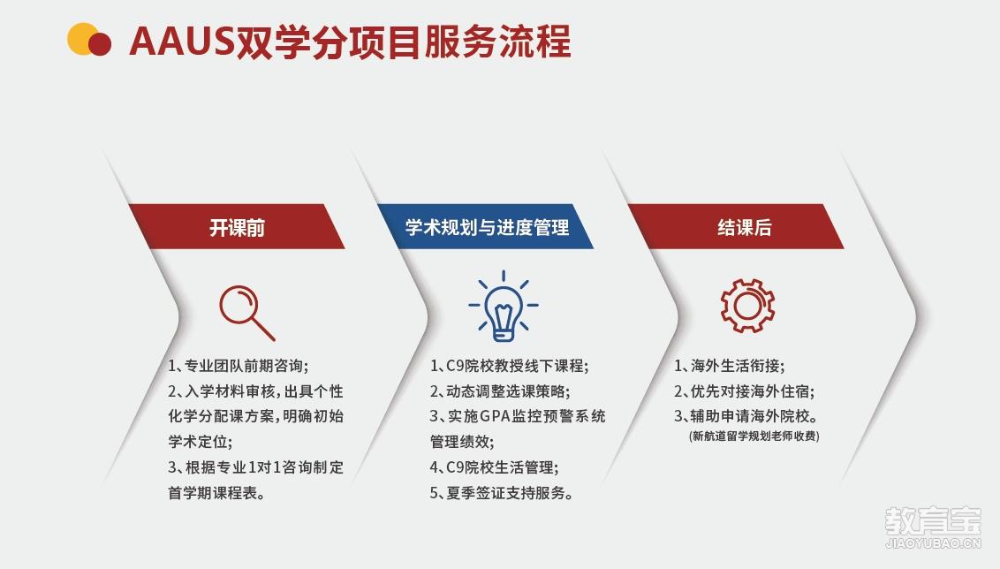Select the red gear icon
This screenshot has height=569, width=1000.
[x=747, y=306]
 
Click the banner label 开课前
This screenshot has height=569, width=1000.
[x=237, y=228]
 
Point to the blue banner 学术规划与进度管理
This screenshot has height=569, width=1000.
[x=487, y=226]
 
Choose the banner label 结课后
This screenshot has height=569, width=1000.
[x=745, y=228]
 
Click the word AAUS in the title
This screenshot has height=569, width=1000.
[x=182, y=42]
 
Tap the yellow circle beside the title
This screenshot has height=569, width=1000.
[x=81, y=39]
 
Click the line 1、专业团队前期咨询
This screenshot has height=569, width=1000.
[x=239, y=366]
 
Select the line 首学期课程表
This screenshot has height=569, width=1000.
[x=216, y=493]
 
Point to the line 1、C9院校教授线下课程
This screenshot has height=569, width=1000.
[x=509, y=366]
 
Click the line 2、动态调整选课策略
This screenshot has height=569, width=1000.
[x=500, y=391]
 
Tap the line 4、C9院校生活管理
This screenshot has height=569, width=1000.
[x=495, y=467]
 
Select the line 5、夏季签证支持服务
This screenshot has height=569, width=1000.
[x=501, y=493]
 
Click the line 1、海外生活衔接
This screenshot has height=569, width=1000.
[x=730, y=366]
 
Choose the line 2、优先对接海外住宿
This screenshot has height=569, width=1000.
[x=745, y=391]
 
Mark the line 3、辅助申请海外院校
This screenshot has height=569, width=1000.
[x=746, y=416]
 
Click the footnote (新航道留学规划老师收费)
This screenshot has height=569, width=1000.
[x=754, y=436]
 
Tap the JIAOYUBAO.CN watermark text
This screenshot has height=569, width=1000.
[x=933, y=543]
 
